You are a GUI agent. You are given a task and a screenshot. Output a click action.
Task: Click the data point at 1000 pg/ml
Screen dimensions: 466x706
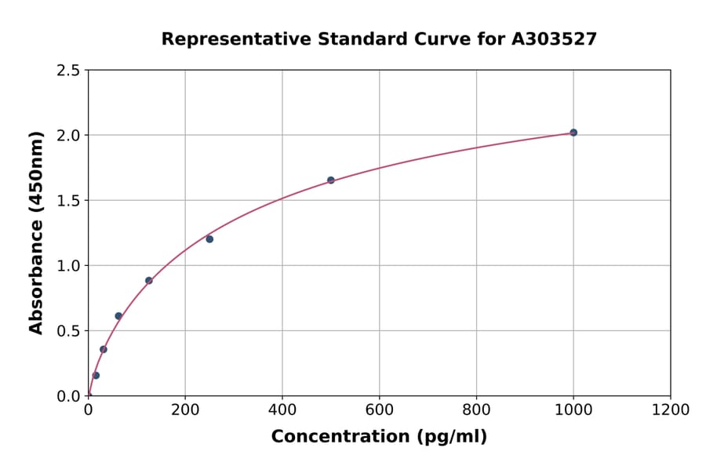[573, 133]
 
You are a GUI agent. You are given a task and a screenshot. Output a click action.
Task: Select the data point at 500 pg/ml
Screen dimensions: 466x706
[331, 180]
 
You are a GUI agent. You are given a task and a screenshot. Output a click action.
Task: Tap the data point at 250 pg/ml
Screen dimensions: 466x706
[209, 239]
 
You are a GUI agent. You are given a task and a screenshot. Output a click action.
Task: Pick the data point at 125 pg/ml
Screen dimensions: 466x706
[149, 281]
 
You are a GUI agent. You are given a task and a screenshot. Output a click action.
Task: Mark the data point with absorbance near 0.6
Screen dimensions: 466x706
[118, 316]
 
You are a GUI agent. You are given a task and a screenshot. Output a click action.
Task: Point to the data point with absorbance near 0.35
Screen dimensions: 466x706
[104, 350]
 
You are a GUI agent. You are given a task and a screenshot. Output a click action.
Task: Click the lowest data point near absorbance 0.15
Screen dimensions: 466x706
[96, 376]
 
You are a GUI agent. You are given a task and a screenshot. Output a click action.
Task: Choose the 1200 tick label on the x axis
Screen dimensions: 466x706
[670, 410]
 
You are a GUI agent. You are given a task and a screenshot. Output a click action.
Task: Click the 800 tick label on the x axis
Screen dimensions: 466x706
[476, 410]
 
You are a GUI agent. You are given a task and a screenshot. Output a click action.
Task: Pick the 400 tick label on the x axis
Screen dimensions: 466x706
[282, 410]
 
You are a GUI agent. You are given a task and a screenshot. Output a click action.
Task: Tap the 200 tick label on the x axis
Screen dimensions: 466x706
[185, 410]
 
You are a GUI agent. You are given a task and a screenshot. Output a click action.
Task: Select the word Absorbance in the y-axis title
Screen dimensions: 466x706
[36, 266]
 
